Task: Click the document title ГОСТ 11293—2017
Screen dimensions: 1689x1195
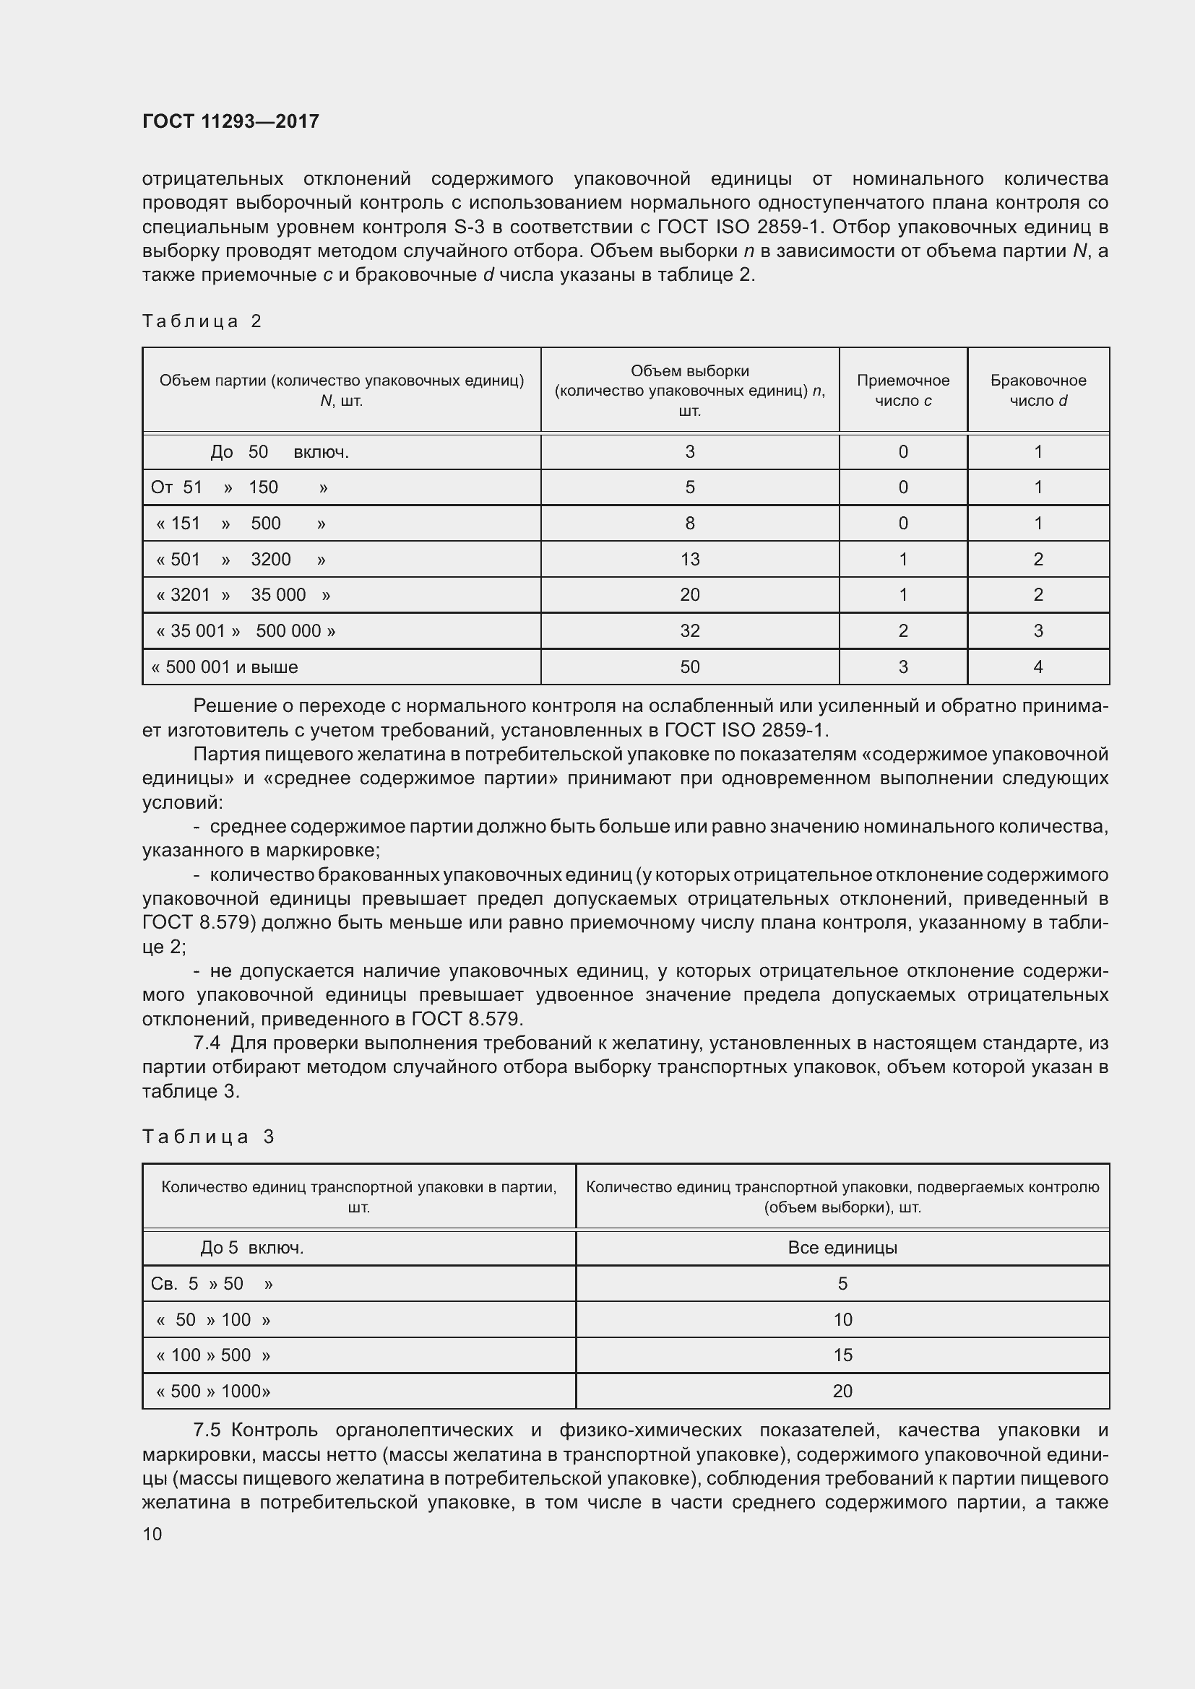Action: click(x=230, y=121)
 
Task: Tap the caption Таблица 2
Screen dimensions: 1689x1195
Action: click(x=202, y=321)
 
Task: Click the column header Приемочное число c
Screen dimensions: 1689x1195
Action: click(x=903, y=390)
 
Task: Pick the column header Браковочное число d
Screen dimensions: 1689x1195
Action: click(x=1037, y=390)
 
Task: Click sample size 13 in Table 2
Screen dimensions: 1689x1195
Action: click(x=689, y=559)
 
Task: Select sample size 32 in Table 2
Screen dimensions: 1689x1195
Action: click(x=689, y=630)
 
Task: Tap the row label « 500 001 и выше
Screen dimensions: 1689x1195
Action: click(x=225, y=667)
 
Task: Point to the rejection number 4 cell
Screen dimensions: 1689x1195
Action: click(x=1037, y=667)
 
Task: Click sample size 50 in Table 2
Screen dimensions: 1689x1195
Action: click(x=689, y=667)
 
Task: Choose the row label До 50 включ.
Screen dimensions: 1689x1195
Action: click(x=280, y=451)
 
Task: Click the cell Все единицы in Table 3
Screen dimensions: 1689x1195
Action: click(x=842, y=1248)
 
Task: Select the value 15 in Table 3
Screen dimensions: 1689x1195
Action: click(x=842, y=1355)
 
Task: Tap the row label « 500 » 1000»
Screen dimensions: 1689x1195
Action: click(x=213, y=1391)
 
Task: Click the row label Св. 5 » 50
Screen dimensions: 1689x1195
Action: click(x=211, y=1284)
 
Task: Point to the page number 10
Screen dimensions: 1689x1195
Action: click(x=152, y=1534)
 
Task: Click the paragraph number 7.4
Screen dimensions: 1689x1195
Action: click(x=207, y=1043)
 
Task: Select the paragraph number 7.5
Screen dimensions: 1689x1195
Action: click(x=207, y=1430)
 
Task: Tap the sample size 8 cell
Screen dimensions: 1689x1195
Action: click(x=689, y=523)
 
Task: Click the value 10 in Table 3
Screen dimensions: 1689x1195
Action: click(x=842, y=1320)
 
